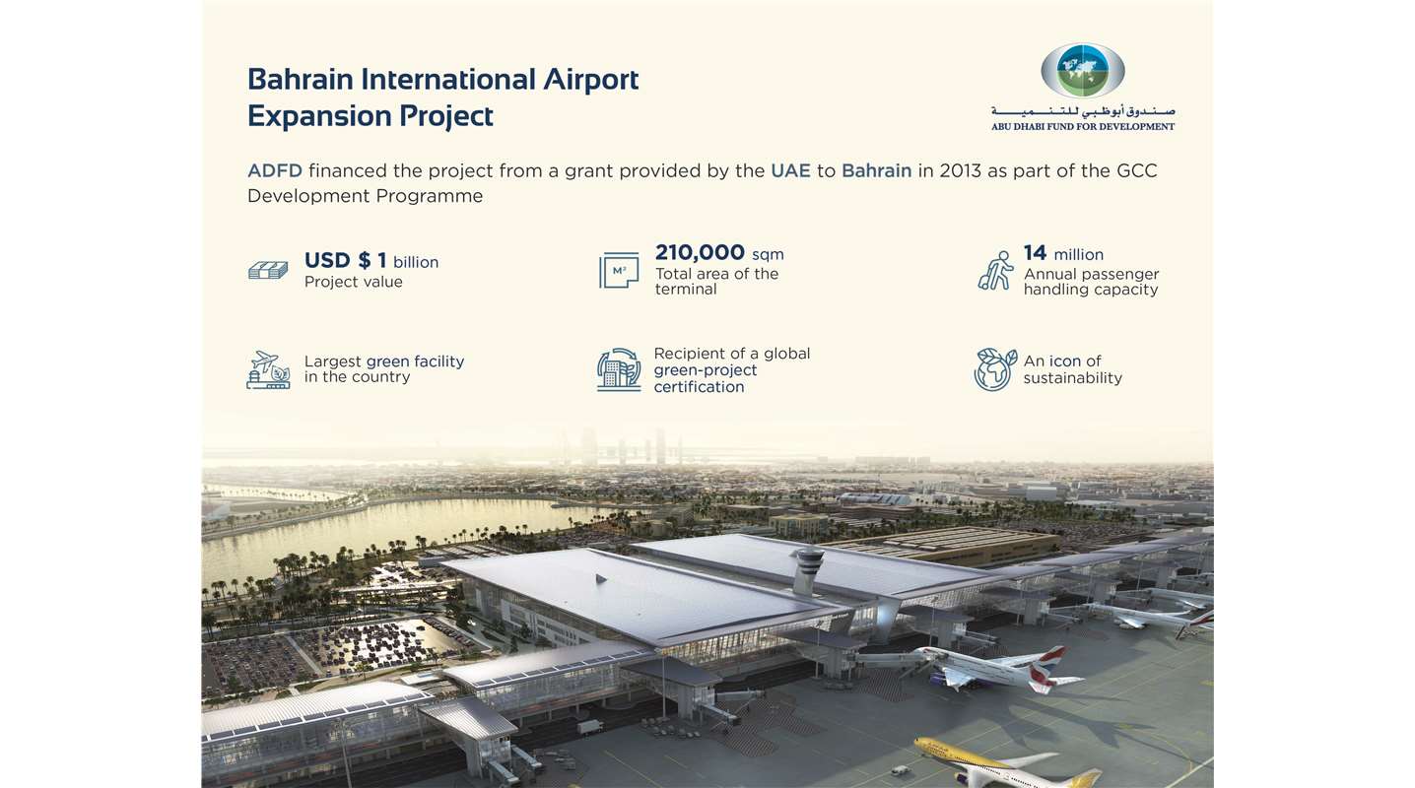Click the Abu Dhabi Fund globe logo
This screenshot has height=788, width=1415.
pos(1082,70)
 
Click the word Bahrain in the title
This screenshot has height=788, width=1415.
pos(305,79)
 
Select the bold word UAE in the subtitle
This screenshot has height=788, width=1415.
pos(790,170)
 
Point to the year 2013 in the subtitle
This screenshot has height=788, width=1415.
pos(961,170)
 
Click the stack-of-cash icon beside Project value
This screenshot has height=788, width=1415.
pos(268,269)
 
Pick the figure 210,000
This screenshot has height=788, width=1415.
pos(700,252)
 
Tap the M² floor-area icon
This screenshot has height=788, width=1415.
pos(619,271)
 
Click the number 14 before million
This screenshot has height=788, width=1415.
pos(1034,253)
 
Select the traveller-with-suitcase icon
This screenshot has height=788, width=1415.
pos(995,271)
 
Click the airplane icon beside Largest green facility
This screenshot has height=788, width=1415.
pos(268,369)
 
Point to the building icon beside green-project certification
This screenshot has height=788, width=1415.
pos(619,369)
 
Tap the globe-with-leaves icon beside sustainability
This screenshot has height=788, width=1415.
pos(994,369)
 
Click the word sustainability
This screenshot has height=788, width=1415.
pos(1072,378)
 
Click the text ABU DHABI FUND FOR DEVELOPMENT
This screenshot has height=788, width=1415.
pos(1083,126)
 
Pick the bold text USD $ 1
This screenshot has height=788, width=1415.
pos(345,261)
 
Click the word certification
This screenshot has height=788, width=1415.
pos(699,387)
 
